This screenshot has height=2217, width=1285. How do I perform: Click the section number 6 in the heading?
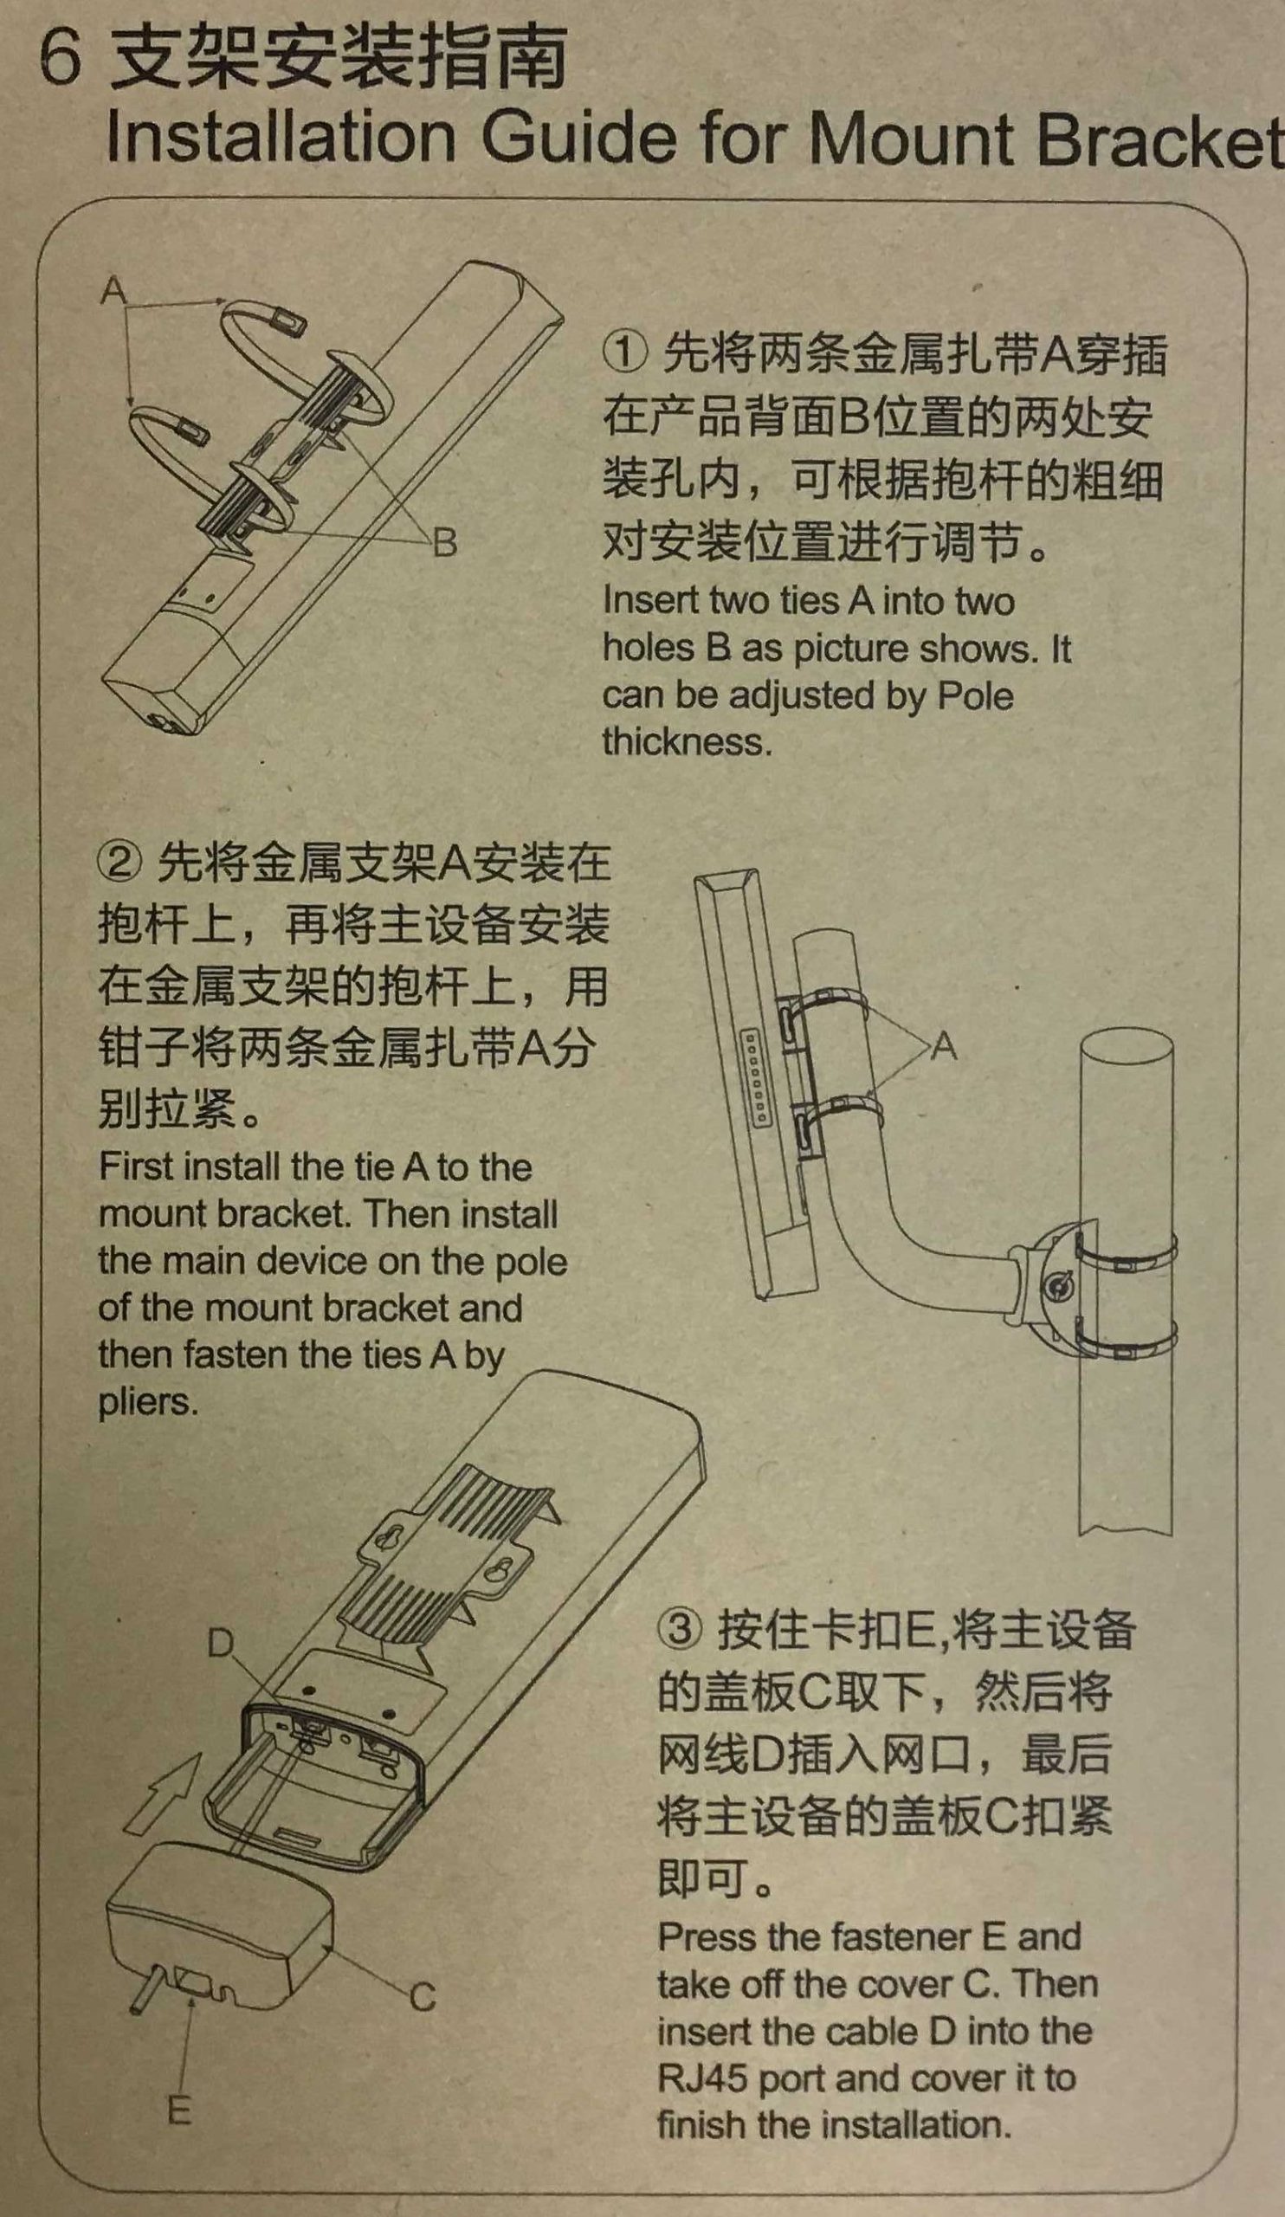tap(61, 61)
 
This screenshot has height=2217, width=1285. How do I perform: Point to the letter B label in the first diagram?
tap(446, 543)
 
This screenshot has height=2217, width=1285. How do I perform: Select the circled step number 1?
tap(625, 352)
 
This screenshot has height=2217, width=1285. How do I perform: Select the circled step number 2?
tap(119, 863)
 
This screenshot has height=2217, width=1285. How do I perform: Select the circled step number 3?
tap(681, 1629)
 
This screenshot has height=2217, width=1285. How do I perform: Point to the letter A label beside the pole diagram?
tap(945, 1047)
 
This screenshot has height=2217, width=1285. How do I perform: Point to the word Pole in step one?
tap(975, 695)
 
